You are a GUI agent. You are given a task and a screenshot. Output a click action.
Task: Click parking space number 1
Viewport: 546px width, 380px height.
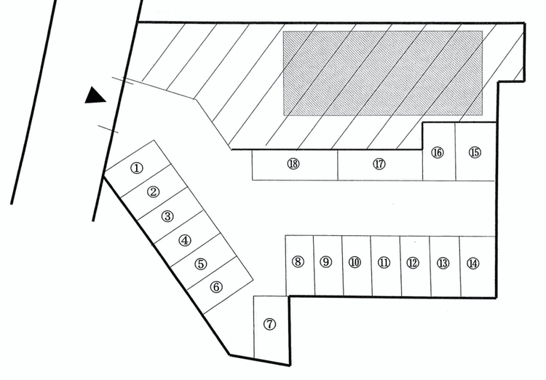(x=136, y=167)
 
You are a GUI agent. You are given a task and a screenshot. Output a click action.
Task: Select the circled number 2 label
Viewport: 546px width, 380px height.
(x=153, y=192)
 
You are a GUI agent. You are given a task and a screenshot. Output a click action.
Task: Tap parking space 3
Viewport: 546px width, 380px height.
(x=167, y=216)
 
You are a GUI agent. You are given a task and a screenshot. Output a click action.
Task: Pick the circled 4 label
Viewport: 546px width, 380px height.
(x=185, y=240)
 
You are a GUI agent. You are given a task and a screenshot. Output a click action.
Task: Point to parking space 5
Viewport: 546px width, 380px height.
(x=201, y=264)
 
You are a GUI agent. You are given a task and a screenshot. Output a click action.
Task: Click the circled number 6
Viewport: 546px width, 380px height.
(x=216, y=287)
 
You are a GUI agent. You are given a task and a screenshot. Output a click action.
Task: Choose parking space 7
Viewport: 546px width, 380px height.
(x=270, y=325)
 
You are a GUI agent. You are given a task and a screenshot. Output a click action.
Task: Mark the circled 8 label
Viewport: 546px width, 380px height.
(x=298, y=262)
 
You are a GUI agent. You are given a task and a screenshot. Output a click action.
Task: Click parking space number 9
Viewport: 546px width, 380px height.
(x=326, y=262)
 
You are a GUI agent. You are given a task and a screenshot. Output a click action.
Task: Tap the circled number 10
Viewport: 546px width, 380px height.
(x=355, y=263)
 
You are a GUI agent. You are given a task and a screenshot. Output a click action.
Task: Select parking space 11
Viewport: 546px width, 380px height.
(x=384, y=263)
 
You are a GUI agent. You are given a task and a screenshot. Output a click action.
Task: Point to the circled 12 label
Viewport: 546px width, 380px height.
(x=413, y=263)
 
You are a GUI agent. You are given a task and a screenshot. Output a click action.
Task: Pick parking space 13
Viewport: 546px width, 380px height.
(x=443, y=263)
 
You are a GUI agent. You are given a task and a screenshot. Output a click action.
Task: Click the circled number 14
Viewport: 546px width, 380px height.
(x=473, y=263)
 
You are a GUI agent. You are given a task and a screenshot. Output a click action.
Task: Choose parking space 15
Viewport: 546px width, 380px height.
(x=475, y=152)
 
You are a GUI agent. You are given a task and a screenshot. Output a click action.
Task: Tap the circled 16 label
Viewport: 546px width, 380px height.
(x=438, y=153)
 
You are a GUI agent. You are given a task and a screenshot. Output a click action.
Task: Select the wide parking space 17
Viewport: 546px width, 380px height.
(x=379, y=165)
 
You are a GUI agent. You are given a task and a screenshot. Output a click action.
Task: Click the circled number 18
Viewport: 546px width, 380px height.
(x=293, y=165)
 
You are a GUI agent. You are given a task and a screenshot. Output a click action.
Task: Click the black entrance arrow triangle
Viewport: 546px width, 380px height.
(x=95, y=96)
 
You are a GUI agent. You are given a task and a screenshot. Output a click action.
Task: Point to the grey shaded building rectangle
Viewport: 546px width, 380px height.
(x=383, y=73)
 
